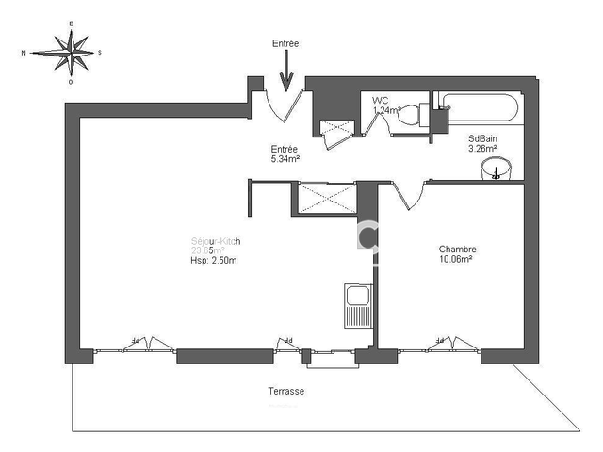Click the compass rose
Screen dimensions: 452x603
71,52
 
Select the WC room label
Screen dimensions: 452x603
381,100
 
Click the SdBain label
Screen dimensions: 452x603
482,138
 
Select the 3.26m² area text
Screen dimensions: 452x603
482,149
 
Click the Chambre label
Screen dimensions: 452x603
457,250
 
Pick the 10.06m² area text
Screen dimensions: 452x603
457,260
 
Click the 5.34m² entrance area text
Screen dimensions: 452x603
285,159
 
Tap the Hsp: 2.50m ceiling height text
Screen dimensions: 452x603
216,262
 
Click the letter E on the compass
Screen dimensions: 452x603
71,24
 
